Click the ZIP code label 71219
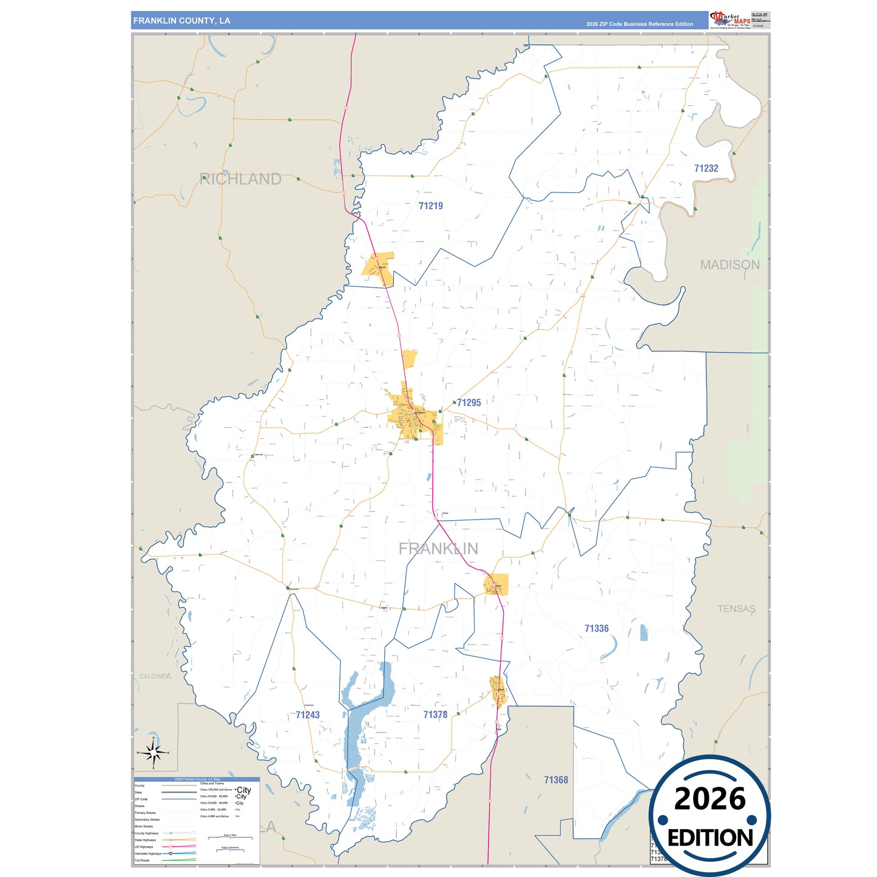pos(430,206)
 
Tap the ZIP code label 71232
pos(706,168)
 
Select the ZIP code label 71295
pos(469,402)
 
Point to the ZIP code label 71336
pos(596,629)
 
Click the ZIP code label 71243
pos(308,715)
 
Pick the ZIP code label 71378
pos(435,714)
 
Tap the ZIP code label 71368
pos(555,780)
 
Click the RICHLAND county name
pos(240,179)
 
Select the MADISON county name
pos(730,265)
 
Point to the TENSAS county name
pos(736,609)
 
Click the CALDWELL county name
pos(155,676)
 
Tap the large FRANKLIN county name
pos(438,549)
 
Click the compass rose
pos(154,753)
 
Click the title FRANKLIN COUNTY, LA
pos(181,21)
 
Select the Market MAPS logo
pos(730,19)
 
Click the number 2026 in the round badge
pos(709,799)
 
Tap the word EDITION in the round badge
pos(709,838)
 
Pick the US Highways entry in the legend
pos(144,847)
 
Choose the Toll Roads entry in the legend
pos(142,860)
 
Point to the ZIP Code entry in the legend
pos(141,799)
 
